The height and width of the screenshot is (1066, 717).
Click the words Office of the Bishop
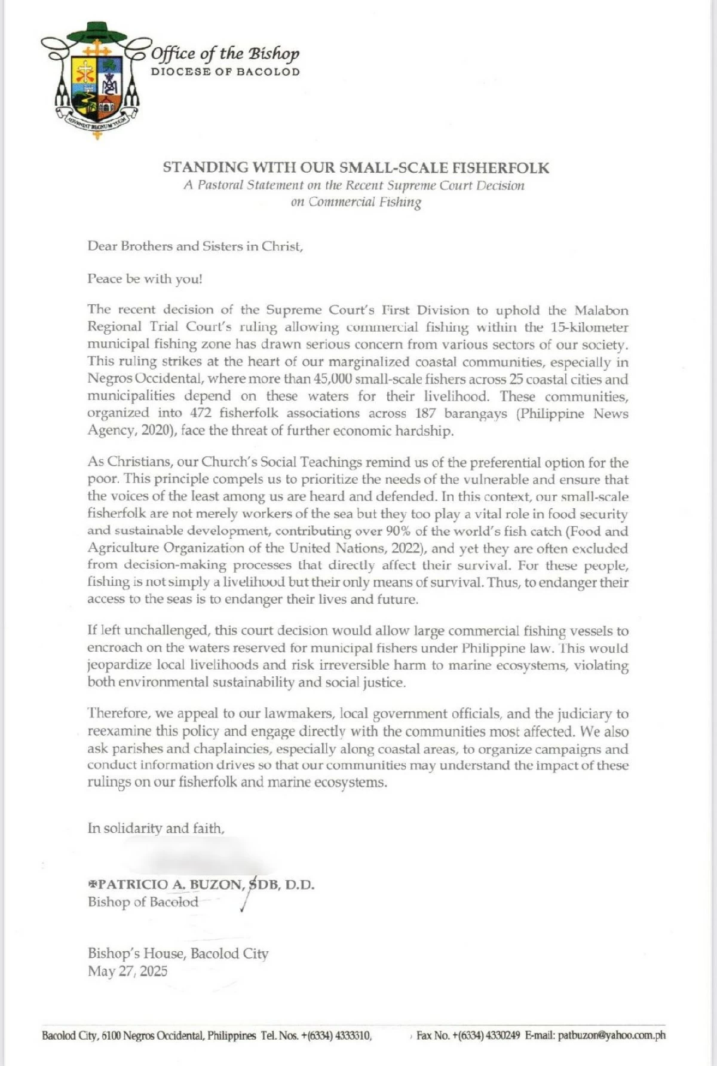pos(225,54)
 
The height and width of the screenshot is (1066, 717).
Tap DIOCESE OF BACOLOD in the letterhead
pos(225,72)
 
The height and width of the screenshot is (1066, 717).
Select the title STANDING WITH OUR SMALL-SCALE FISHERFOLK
pos(356,167)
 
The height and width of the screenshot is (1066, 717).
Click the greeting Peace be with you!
pos(145,279)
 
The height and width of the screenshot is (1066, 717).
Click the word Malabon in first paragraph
pos(601,310)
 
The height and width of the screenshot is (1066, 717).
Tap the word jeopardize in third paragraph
pos(119,665)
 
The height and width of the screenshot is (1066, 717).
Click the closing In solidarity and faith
pos(156,828)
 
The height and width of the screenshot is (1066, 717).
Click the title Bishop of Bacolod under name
pos(143,902)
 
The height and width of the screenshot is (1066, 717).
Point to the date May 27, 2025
pos(128,971)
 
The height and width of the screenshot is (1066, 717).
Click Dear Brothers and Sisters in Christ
pos(195,246)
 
